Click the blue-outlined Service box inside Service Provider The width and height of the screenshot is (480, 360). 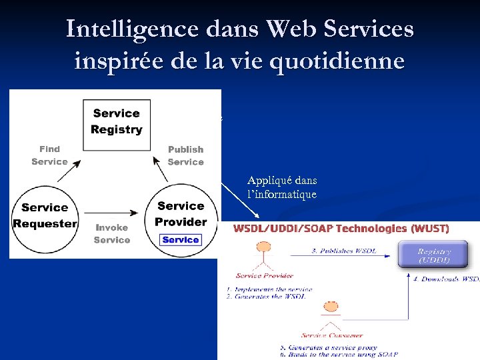click(x=181, y=240)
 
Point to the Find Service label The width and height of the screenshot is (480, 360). click(x=49, y=155)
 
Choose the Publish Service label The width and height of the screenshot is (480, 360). click(x=185, y=156)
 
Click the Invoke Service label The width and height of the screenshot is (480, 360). click(x=111, y=233)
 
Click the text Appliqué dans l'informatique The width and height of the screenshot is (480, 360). click(x=282, y=187)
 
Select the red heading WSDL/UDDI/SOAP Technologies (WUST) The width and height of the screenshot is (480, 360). click(x=341, y=229)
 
